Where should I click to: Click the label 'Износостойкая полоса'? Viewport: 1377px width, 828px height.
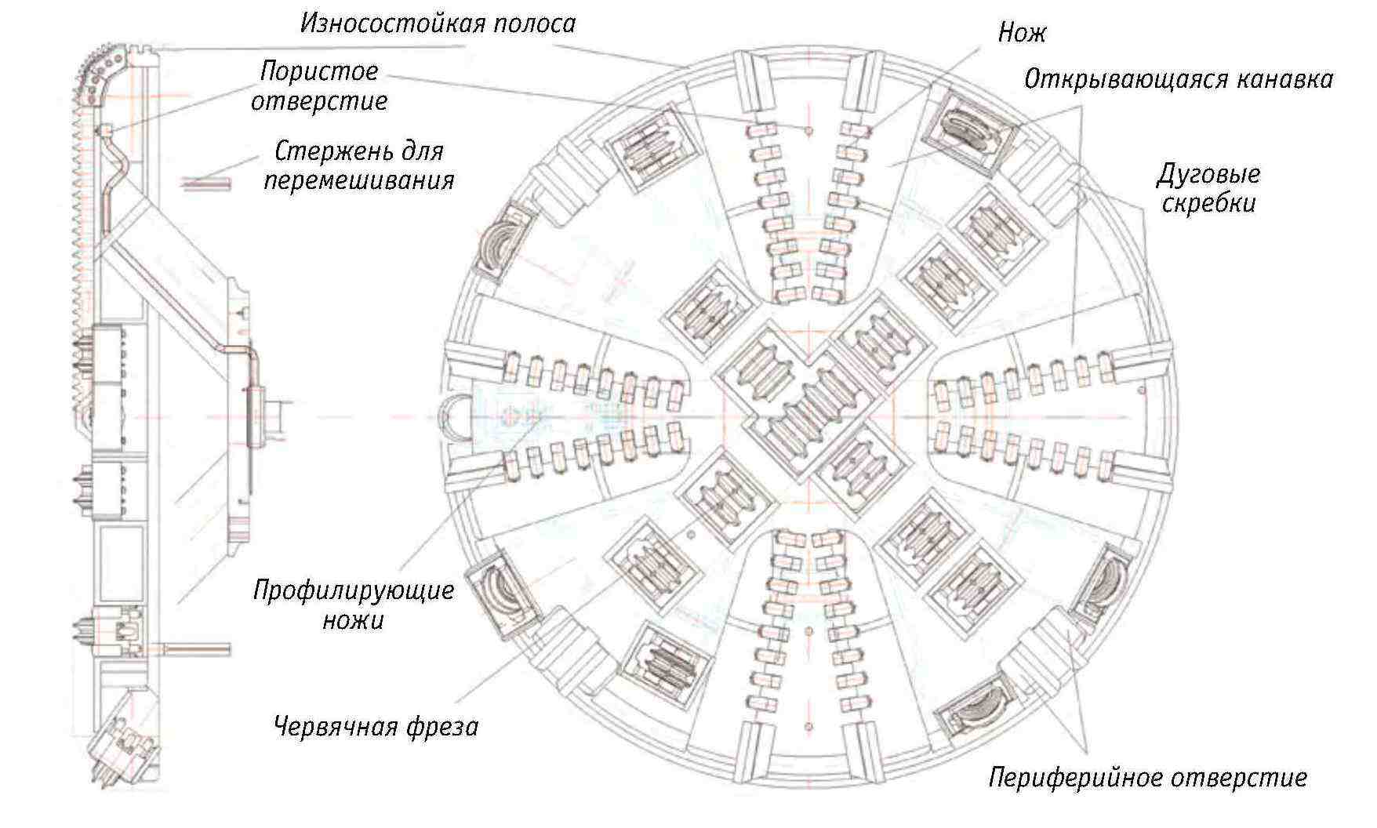438,24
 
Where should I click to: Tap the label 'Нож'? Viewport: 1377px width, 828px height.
1022,34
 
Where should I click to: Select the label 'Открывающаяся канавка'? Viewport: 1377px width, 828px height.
1178,80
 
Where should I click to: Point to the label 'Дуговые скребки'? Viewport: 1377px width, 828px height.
1208,188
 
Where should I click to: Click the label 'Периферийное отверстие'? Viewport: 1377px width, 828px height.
1147,778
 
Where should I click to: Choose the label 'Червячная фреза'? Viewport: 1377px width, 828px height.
376,727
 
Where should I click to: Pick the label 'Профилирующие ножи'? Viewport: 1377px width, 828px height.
354,605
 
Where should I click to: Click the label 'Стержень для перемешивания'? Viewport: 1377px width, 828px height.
358,165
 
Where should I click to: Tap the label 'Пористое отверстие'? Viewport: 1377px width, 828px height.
319,86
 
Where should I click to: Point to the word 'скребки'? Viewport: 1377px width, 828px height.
1208,204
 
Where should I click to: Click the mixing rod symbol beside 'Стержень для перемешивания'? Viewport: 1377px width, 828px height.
206,183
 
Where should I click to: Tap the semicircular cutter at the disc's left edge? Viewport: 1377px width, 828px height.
455,416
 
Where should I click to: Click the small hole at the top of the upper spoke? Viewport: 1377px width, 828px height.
808,130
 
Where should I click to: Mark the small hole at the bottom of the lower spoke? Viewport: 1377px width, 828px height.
808,725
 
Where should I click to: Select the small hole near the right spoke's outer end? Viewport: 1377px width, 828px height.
1141,389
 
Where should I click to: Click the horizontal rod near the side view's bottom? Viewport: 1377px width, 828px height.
198,648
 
